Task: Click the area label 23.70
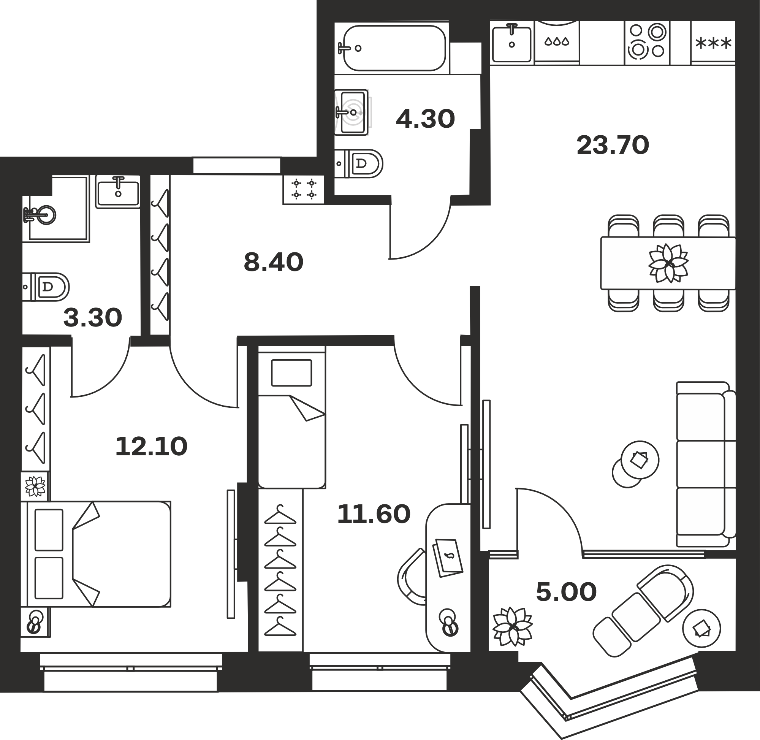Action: [x=613, y=145]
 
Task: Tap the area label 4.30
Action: [x=426, y=119]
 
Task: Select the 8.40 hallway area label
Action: [x=274, y=262]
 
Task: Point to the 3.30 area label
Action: [x=92, y=317]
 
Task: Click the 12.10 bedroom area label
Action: [x=152, y=446]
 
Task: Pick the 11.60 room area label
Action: [x=374, y=514]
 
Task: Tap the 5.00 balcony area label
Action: [x=566, y=592]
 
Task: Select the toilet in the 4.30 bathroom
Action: [x=359, y=164]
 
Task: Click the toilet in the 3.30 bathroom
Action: [x=46, y=287]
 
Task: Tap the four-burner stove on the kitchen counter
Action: [x=647, y=42]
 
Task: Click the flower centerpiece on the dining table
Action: [x=668, y=263]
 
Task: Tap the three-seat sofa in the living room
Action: [x=706, y=464]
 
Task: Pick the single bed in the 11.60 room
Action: [x=292, y=417]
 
